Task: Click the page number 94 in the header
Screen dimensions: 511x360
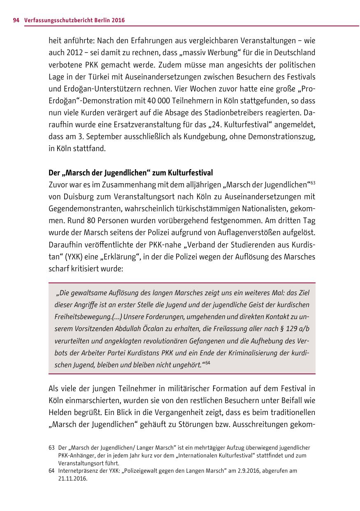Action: [16, 20]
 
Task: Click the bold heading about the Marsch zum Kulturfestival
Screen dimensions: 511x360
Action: [130, 173]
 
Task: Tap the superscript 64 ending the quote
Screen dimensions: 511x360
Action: [208, 363]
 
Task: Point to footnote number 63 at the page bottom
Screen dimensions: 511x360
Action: [51, 448]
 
